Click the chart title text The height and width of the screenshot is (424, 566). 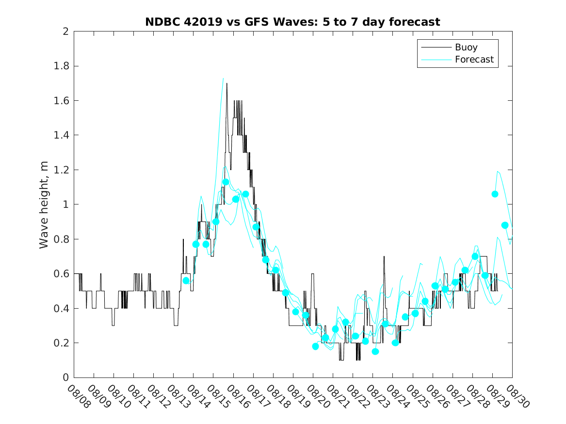click(x=292, y=22)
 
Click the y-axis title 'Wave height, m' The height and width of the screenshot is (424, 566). click(x=44, y=204)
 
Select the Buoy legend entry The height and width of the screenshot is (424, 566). click(x=466, y=47)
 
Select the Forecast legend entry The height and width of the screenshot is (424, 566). click(x=474, y=60)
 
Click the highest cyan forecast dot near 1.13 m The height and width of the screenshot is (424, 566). click(x=226, y=182)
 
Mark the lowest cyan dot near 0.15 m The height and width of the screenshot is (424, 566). click(x=375, y=351)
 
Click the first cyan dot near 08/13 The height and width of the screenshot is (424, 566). click(x=186, y=281)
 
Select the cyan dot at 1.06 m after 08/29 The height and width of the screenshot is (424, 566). click(x=495, y=194)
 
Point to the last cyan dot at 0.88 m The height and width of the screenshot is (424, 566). click(x=505, y=225)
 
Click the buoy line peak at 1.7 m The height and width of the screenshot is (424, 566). click(x=226, y=84)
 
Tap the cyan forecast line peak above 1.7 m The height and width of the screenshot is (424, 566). click(x=223, y=78)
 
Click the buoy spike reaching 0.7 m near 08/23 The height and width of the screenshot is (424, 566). click(x=384, y=256)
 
